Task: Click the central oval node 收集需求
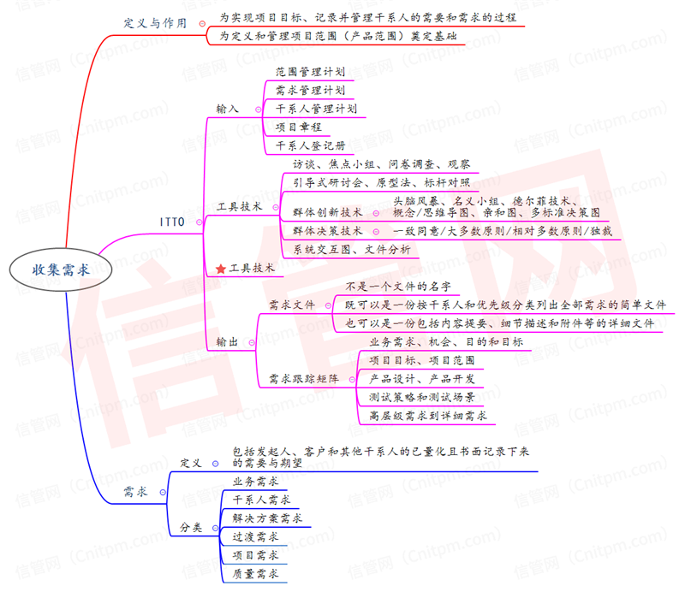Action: (60, 269)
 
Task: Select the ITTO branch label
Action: (172, 222)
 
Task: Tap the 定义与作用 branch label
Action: (156, 23)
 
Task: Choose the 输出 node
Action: (227, 342)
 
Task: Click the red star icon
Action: (220, 269)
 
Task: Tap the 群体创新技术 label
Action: (327, 212)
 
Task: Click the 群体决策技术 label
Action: (327, 231)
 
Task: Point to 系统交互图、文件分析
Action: (351, 250)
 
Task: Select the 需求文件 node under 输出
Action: (292, 305)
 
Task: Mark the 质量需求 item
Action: (255, 574)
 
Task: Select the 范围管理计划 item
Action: (310, 73)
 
